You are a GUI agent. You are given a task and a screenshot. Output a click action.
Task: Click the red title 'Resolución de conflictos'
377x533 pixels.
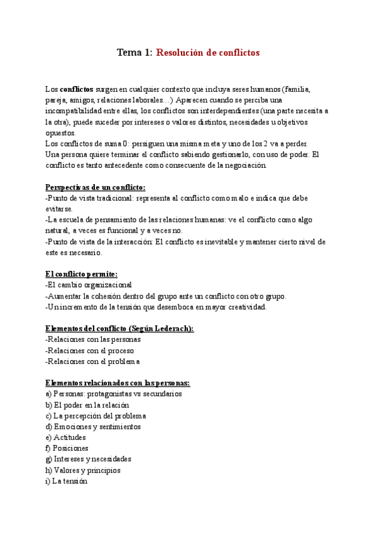click(x=207, y=53)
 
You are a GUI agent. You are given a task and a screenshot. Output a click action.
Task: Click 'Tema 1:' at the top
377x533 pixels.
click(x=134, y=53)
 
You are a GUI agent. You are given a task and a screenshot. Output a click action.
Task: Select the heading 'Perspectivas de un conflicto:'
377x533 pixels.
click(x=96, y=187)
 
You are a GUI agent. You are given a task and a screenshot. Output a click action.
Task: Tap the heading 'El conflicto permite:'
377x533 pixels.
click(x=81, y=273)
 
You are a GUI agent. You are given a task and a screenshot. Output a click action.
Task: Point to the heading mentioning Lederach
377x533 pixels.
click(x=119, y=328)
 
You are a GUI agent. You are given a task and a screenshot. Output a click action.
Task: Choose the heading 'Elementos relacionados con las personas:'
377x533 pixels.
click(x=118, y=382)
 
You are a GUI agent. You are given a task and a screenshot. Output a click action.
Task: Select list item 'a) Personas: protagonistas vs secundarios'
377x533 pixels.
click(x=114, y=393)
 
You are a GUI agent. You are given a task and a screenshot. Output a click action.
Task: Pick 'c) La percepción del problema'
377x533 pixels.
click(x=96, y=415)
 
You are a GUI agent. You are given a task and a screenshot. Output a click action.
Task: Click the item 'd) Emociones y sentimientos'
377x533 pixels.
click(x=93, y=427)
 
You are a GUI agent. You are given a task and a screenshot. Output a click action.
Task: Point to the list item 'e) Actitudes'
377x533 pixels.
click(x=66, y=437)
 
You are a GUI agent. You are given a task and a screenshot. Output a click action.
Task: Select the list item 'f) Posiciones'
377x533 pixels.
click(x=67, y=449)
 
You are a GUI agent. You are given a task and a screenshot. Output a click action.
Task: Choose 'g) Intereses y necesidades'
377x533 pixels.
click(x=89, y=459)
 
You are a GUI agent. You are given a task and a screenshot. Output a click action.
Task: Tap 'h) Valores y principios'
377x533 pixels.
click(x=83, y=470)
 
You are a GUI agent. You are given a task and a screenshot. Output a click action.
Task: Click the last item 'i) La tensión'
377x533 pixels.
click(x=67, y=481)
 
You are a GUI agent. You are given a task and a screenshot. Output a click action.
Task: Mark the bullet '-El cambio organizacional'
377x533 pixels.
click(x=89, y=285)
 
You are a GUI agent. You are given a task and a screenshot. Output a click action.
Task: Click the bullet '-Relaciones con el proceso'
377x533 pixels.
click(x=90, y=350)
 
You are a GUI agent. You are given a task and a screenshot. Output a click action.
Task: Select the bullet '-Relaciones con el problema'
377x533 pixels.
click(x=92, y=361)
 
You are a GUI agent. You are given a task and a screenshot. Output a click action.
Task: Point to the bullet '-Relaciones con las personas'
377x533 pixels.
click(x=93, y=339)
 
